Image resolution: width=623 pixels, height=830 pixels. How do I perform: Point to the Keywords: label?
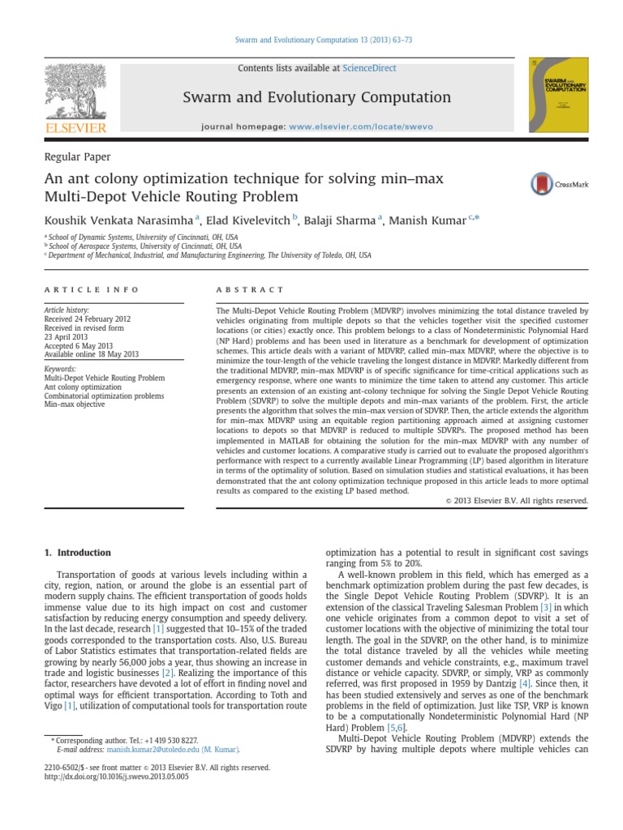point(61,369)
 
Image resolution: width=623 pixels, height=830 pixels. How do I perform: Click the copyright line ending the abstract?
point(517,501)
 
